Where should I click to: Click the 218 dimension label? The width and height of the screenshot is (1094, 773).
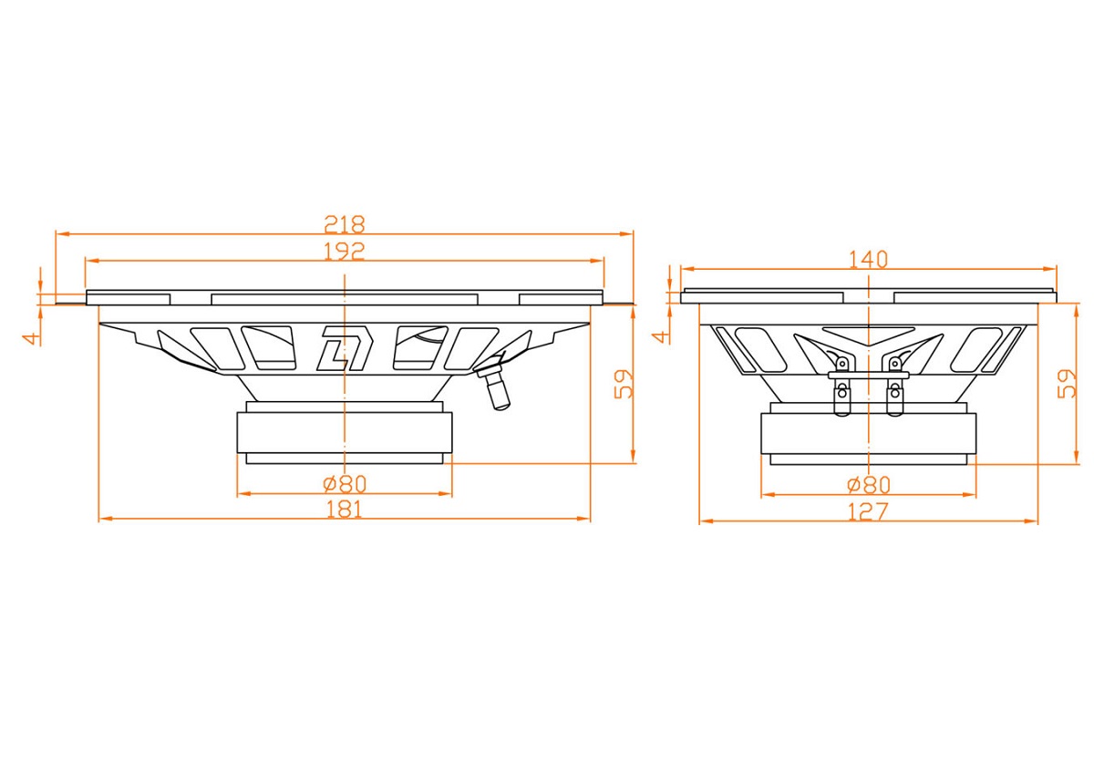pos(345,224)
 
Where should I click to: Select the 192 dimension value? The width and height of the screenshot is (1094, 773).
pos(345,251)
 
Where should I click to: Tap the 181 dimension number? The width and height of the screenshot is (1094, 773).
pos(345,510)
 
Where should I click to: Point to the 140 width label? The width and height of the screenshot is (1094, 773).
pos(868,259)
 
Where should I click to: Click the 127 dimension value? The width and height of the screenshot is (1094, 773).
pos(867,512)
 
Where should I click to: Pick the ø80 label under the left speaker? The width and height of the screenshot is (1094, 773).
pos(345,484)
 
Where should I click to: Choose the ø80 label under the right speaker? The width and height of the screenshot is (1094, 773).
pos(868,485)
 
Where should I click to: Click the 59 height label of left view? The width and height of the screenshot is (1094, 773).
pos(624,384)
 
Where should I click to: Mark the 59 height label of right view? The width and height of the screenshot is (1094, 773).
pos(1067,384)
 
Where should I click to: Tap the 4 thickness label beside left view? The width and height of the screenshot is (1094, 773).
pos(32,338)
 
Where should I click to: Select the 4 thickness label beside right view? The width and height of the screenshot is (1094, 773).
pos(661,337)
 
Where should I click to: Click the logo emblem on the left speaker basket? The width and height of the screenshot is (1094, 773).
pos(345,348)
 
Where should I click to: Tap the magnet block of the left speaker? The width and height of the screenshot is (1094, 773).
pos(345,433)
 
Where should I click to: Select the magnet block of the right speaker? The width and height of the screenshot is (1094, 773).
pos(868,434)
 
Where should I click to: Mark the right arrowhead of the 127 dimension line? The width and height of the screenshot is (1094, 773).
pos(1030,521)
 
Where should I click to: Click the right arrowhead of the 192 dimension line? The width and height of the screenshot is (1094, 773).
pos(597,261)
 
